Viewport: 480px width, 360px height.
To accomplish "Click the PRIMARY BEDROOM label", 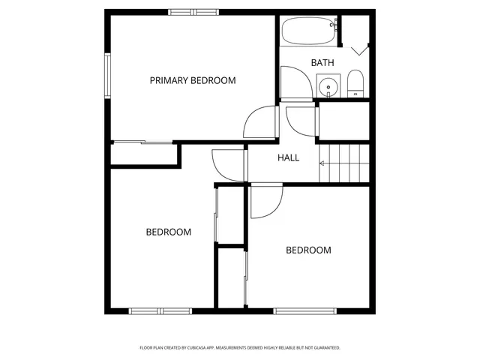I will pyautogui.click(x=193, y=80).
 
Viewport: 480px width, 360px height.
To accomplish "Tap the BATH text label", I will pyautogui.click(x=322, y=63).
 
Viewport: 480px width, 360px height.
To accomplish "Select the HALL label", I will pyautogui.click(x=289, y=157).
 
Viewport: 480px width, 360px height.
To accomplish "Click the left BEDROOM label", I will pyautogui.click(x=168, y=232).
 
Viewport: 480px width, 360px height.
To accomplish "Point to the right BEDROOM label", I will pyautogui.click(x=308, y=250).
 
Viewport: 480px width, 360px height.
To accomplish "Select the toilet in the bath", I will pyautogui.click(x=355, y=84).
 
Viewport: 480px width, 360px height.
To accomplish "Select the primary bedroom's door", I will pyautogui.click(x=260, y=121).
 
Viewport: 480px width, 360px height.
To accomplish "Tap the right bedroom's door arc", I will pyautogui.click(x=266, y=202).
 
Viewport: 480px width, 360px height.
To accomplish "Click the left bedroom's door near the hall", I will pyautogui.click(x=228, y=165).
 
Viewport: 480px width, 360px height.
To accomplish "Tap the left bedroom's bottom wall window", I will pyautogui.click(x=160, y=311).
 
